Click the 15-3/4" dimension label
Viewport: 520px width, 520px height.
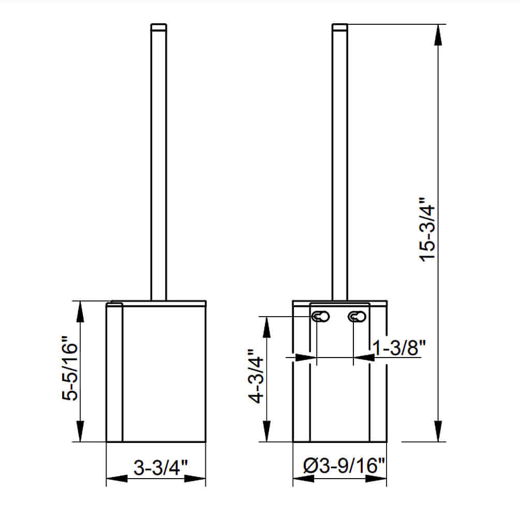[x=429, y=229]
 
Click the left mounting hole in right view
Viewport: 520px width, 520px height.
[x=320, y=316]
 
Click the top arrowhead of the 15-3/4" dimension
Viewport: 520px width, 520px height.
[x=439, y=34]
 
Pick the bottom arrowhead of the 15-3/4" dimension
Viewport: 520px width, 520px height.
[x=439, y=432]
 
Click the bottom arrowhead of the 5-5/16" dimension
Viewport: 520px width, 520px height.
[x=81, y=433]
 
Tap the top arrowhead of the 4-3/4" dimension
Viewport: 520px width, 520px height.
[x=266, y=326]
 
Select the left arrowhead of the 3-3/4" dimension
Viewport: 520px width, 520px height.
[x=115, y=479]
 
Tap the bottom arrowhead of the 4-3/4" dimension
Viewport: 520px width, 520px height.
[x=266, y=433]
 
